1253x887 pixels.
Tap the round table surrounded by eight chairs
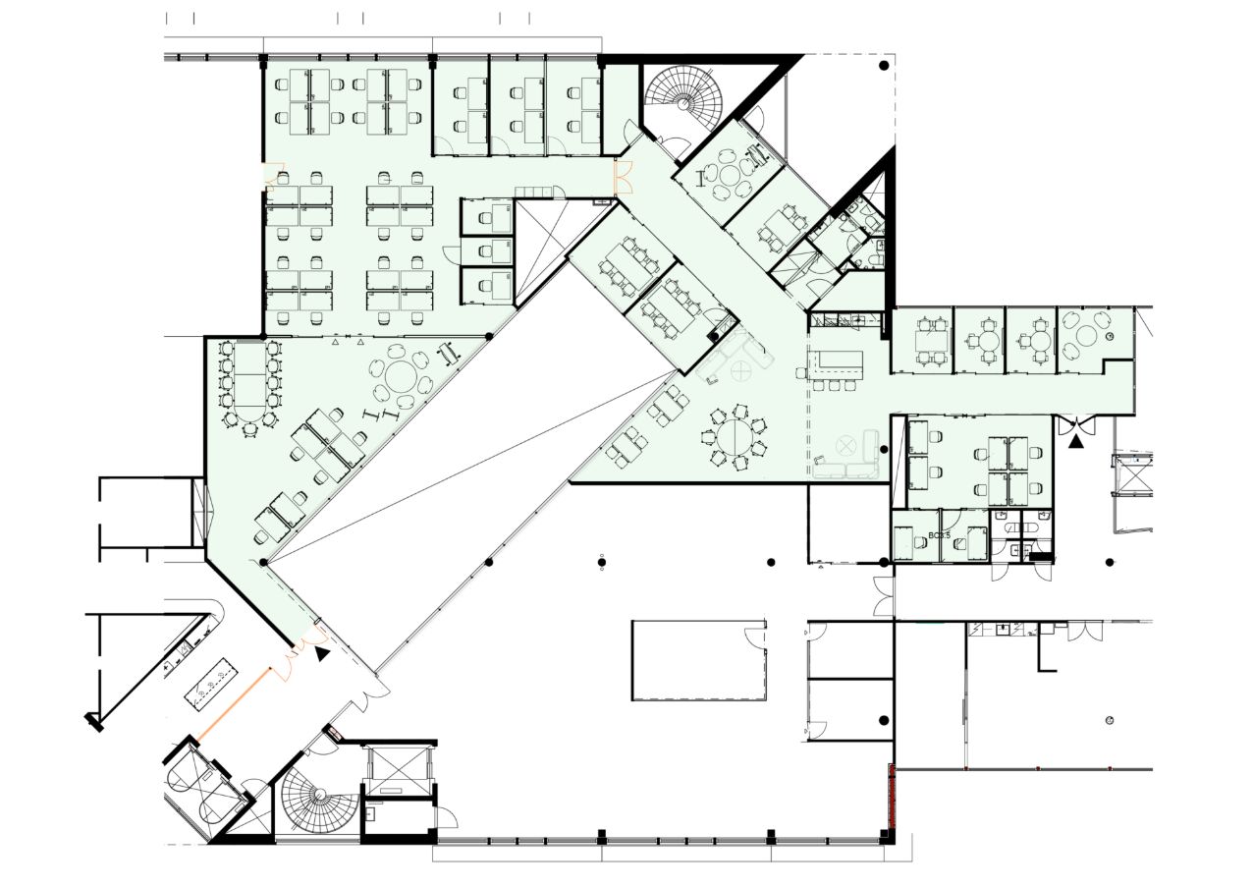point(735,439)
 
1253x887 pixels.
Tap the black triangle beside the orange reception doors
point(323,652)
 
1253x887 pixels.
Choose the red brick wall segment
point(892,795)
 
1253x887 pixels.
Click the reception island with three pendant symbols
point(211,685)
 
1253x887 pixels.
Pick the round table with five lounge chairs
point(728,176)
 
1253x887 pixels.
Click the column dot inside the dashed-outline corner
point(884,65)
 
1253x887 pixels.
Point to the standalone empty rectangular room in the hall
point(698,659)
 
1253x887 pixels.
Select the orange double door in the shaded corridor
point(622,178)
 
